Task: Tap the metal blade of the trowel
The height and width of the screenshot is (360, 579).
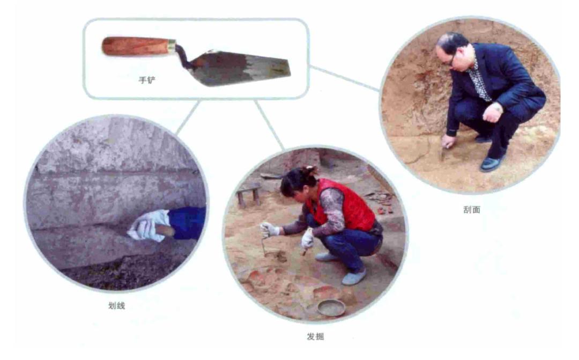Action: click(240, 68)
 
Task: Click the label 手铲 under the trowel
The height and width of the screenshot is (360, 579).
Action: click(147, 79)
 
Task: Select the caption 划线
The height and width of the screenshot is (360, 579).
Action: click(117, 306)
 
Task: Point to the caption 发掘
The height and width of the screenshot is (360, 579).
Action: click(315, 336)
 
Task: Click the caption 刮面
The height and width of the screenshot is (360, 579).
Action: click(472, 210)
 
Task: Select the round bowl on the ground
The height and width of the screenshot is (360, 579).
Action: click(332, 307)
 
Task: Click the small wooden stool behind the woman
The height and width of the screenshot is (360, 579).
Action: click(249, 195)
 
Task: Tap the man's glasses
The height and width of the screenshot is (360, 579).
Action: click(451, 60)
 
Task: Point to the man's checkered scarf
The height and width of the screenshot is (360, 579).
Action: click(480, 82)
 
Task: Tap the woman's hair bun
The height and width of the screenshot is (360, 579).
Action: click(310, 171)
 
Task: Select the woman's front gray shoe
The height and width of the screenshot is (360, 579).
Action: click(354, 277)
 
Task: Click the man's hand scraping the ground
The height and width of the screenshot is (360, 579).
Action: click(449, 141)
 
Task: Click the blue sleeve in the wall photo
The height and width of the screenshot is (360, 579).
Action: click(187, 223)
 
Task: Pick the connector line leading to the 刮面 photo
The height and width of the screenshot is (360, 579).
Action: click(344, 78)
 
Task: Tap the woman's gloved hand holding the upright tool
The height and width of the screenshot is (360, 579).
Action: click(269, 229)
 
